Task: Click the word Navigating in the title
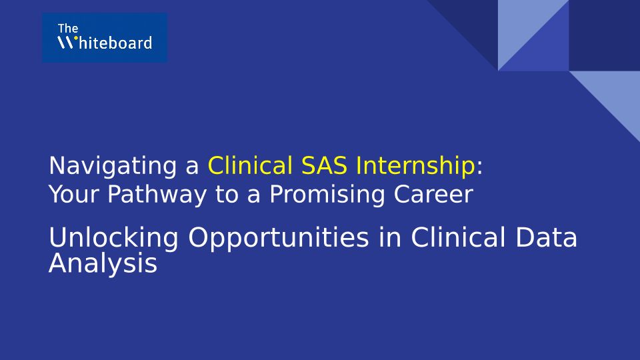click(x=113, y=166)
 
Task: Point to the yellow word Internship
click(x=415, y=166)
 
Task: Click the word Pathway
click(x=157, y=194)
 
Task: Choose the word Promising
click(x=327, y=194)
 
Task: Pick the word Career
click(x=433, y=194)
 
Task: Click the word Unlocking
click(x=113, y=238)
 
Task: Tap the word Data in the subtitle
click(x=546, y=237)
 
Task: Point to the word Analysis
click(x=103, y=264)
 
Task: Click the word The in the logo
click(x=68, y=29)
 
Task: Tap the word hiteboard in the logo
click(x=115, y=43)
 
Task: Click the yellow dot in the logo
click(x=75, y=39)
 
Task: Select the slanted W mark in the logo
click(x=65, y=43)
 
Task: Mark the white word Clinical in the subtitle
click(x=459, y=237)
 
